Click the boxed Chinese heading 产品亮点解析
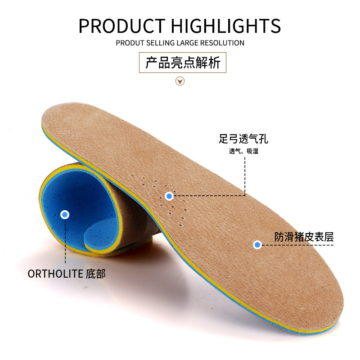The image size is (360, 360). click(182, 63)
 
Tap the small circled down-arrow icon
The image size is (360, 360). click(180, 81)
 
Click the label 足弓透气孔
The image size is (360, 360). click(243, 139)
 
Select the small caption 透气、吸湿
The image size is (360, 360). click(243, 151)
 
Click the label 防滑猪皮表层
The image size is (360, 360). click(304, 237)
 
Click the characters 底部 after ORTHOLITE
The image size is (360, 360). click(95, 274)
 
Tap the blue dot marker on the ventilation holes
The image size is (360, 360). click(169, 196)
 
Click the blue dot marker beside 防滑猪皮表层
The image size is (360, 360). click(257, 244)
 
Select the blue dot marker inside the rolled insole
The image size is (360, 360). click(65, 215)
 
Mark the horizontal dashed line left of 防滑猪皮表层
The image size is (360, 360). click(297, 245)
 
